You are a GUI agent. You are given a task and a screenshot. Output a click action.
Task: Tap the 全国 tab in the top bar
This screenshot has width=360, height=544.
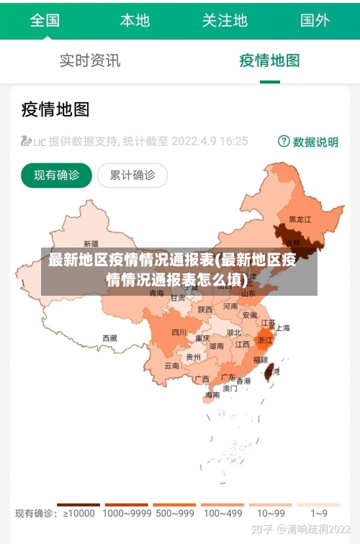(45, 20)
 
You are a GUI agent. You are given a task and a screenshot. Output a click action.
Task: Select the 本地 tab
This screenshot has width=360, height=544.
(135, 20)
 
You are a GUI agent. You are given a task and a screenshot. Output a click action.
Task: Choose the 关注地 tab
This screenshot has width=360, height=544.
(225, 20)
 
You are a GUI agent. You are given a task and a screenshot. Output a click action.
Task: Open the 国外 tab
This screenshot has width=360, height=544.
(315, 20)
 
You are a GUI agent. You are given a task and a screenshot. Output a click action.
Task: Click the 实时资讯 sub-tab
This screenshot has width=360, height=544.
(90, 60)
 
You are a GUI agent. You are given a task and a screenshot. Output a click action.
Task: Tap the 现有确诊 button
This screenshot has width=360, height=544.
(57, 175)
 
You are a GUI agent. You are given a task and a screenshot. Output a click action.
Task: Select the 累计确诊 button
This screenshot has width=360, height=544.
(132, 175)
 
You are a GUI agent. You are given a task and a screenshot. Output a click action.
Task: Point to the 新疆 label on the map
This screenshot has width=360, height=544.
(91, 243)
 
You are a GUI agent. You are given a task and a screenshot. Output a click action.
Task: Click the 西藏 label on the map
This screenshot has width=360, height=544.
(109, 337)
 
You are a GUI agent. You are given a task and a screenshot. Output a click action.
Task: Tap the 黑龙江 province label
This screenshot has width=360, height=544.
(300, 219)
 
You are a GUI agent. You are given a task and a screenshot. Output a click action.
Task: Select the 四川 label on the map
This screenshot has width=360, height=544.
(179, 332)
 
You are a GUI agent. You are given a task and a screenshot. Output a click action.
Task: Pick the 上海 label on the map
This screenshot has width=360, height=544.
(282, 328)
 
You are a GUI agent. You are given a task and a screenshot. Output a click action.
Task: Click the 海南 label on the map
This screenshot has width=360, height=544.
(212, 395)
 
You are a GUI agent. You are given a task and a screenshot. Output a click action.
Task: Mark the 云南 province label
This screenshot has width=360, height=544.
(171, 366)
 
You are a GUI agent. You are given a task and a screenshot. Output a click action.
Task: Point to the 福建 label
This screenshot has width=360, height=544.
(261, 360)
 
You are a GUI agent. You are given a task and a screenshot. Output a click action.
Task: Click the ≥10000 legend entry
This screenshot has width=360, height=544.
(79, 514)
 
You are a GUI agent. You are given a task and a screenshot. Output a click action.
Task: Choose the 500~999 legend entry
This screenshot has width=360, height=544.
(174, 514)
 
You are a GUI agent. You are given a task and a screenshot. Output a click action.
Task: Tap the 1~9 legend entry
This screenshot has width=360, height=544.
(319, 514)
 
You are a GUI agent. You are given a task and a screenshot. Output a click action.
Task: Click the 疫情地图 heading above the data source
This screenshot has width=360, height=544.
(55, 109)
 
